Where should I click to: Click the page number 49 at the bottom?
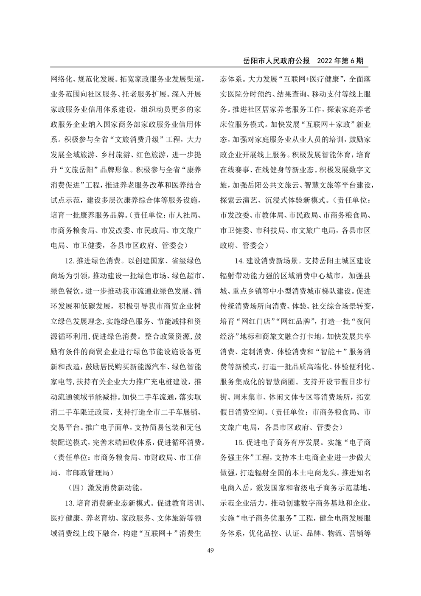coord(210,551)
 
